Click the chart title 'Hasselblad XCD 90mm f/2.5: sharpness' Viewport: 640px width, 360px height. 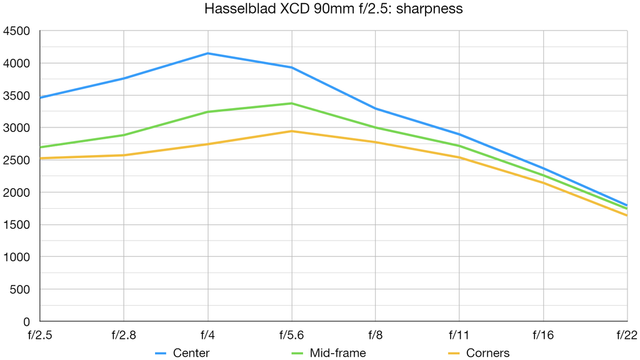(333, 10)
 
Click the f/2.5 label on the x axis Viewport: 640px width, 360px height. (40, 335)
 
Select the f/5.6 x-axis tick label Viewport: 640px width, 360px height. (291, 335)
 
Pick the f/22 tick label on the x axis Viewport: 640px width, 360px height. (626, 335)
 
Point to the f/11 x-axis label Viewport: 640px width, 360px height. (459, 335)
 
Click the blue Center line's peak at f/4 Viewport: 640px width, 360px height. (207, 54)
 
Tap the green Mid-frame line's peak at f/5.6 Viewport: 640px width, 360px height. (292, 103)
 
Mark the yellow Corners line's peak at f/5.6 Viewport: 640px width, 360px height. (292, 131)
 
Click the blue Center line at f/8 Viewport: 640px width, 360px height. (376, 109)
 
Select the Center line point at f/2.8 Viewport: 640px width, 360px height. (124, 78)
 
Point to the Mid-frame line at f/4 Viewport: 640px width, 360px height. (207, 112)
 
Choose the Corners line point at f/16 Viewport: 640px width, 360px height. (543, 182)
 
